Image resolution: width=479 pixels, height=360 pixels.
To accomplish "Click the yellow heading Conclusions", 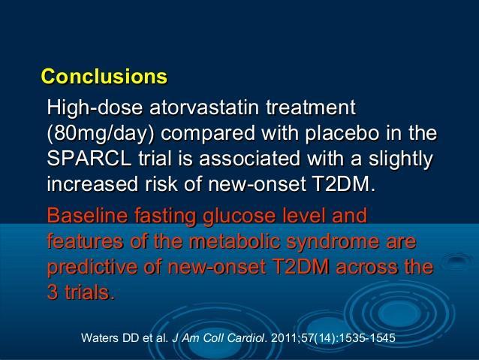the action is coord(104,76).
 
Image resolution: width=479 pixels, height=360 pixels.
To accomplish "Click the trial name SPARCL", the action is coord(89,159).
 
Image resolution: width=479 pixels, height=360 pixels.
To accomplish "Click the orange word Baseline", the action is coord(87,215).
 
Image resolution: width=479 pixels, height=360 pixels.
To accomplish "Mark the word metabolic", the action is coord(234,241).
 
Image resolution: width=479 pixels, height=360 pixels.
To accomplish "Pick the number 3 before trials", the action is coord(53,292).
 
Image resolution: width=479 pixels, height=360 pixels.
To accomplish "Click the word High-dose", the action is coord(95,108).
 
